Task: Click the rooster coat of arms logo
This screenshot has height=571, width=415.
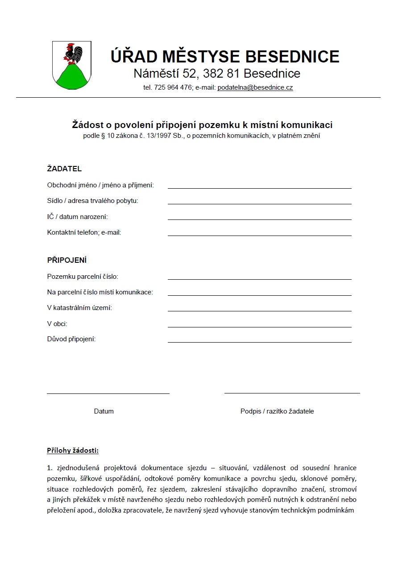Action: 71,65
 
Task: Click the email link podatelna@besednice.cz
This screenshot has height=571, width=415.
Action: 255,88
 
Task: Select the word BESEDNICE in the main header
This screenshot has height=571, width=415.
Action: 292,57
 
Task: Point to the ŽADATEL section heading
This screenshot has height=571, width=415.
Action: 64,169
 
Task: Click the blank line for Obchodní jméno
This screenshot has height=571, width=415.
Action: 259,187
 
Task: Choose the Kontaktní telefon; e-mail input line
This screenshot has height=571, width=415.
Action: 259,235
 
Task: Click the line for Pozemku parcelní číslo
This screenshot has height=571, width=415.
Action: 259,279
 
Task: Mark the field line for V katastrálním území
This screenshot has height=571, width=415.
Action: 259,310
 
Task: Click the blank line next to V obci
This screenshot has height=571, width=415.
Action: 259,326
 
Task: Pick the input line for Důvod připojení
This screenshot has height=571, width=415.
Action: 259,342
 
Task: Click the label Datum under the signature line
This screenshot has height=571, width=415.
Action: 104,411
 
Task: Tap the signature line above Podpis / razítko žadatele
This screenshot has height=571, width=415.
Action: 292,393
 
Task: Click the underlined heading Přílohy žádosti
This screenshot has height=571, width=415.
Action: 73,451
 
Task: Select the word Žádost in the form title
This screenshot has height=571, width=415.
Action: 87,125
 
